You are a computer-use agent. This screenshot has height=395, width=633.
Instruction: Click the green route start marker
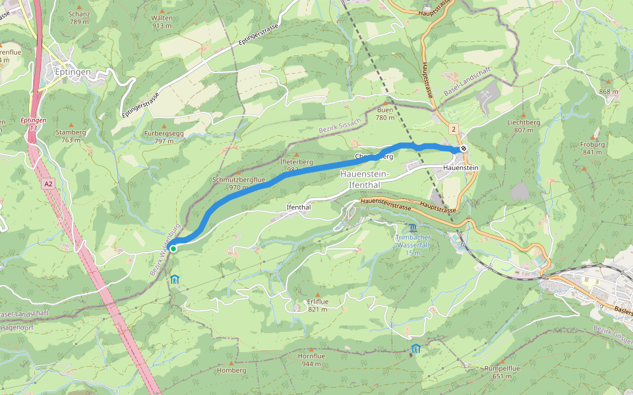tap(173, 248)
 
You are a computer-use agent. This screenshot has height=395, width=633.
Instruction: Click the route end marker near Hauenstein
tap(464, 149)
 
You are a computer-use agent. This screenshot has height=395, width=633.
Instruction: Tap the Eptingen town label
tap(73, 72)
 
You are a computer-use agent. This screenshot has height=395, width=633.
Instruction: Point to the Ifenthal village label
tap(299, 207)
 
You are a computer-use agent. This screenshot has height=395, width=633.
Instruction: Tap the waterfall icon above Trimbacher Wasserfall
tap(413, 226)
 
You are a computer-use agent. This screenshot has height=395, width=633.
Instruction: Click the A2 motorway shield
tap(49, 186)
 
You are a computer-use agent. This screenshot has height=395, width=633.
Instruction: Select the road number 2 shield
tap(454, 129)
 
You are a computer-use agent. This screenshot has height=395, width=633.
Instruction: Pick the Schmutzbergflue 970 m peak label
tap(239, 183)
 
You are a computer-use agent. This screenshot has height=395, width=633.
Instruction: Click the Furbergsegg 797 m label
tap(164, 136)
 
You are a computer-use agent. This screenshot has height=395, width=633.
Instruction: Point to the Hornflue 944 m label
tap(312, 359)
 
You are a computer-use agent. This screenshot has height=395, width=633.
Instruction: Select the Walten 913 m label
tap(162, 22)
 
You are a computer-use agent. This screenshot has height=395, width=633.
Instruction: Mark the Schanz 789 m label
tap(79, 18)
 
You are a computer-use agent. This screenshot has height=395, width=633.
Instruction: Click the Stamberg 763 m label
tap(71, 135)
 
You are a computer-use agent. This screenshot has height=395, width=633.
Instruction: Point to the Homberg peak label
tap(231, 370)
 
